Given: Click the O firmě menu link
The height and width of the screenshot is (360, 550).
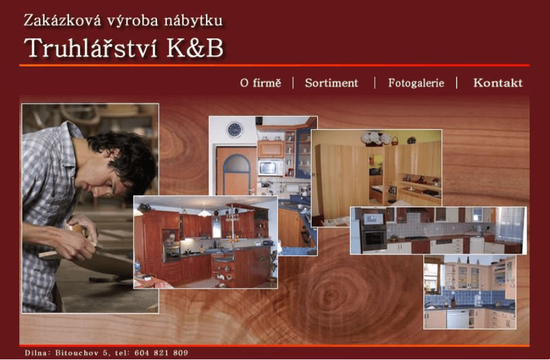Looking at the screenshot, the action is click(x=261, y=83).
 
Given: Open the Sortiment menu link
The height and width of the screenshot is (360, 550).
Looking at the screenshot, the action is click(x=331, y=83).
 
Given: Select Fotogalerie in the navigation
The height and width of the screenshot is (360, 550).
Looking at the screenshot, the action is click(x=416, y=83).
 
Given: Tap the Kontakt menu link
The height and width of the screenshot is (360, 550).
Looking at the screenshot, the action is click(x=498, y=83).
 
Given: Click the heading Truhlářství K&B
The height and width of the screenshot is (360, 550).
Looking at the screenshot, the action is click(x=124, y=48).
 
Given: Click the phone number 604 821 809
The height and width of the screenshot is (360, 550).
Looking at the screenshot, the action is click(x=161, y=353).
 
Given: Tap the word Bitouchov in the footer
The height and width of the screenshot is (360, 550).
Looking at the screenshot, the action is click(x=78, y=353).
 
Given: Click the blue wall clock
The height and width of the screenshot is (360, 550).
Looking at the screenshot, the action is click(x=234, y=130).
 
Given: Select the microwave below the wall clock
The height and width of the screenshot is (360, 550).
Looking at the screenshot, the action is click(x=271, y=168).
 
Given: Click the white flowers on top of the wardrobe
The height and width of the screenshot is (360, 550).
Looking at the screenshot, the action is click(x=376, y=138).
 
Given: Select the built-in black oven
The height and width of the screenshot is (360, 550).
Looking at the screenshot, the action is click(x=374, y=232).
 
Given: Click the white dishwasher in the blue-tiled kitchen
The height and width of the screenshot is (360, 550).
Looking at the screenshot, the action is click(x=458, y=318).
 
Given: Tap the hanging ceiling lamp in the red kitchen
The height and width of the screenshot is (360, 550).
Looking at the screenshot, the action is click(x=204, y=212).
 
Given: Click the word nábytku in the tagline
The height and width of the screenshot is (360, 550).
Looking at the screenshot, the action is click(x=193, y=20).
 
